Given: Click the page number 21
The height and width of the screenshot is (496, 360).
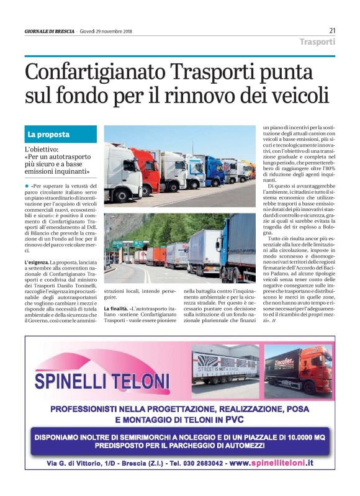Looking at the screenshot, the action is tap(332, 30).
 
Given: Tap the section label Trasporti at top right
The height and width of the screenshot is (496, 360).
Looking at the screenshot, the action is tap(317, 42).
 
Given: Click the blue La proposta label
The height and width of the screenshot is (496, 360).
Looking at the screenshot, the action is tap(48, 134).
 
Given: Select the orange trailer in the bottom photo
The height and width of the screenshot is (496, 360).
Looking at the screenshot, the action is tap(156, 255).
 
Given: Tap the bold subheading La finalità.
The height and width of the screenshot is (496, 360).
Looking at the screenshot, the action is tap(116, 309).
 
